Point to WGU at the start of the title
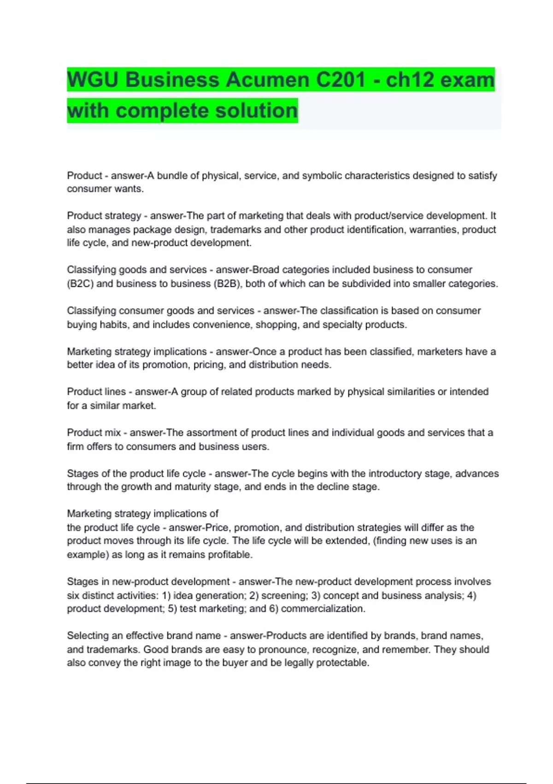point(93,80)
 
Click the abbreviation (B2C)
point(80,284)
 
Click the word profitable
point(229,555)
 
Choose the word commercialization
point(323,609)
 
